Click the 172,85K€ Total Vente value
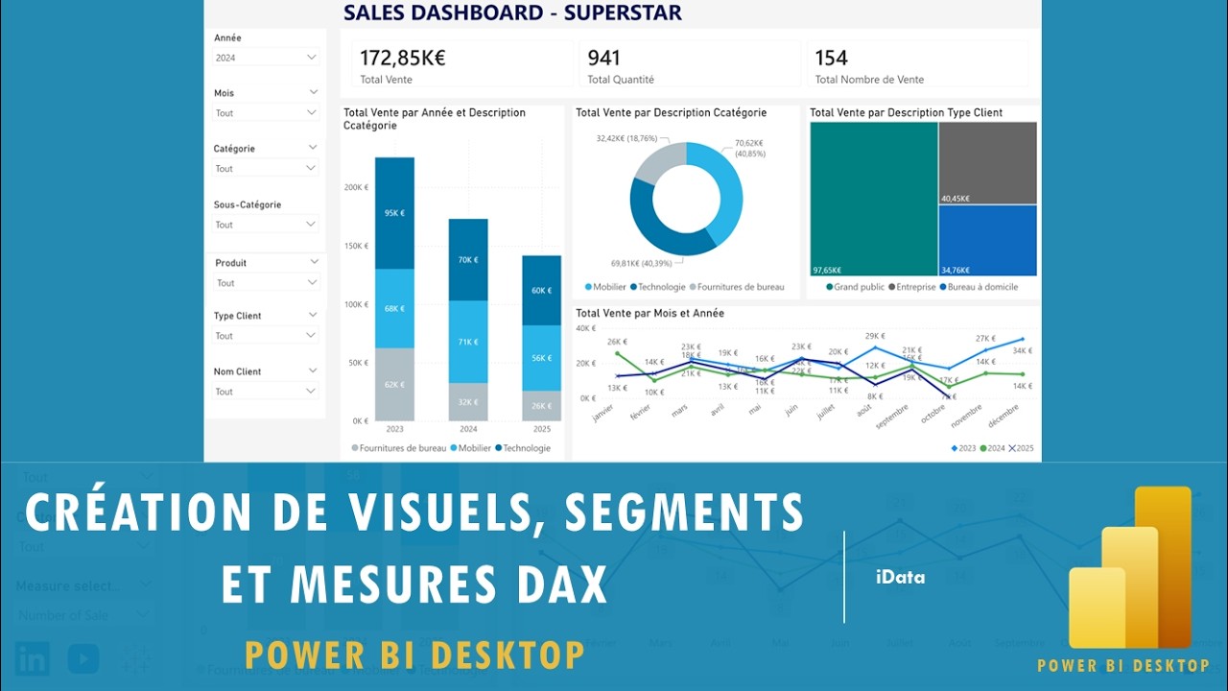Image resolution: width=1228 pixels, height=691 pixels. pos(403,58)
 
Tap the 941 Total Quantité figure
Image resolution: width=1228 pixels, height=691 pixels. pos(604,58)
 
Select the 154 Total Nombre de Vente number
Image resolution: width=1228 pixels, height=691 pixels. pos(832,58)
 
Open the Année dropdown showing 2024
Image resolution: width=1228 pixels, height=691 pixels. pos(266,58)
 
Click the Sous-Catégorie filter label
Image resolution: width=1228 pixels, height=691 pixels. pos(248,204)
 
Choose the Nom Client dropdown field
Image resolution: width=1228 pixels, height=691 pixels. pos(266,392)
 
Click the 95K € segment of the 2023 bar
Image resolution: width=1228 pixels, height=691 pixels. pos(394,213)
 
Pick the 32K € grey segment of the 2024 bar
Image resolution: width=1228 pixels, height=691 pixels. pos(468,402)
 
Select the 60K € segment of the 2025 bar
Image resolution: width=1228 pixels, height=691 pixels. pos(542,290)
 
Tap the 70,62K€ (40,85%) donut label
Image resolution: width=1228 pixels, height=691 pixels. pos(749,148)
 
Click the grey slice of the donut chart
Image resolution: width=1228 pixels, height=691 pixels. pos(655,161)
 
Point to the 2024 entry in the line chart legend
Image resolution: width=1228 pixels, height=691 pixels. pos(995,448)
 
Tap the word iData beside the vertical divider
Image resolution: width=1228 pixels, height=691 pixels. pos(900,578)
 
